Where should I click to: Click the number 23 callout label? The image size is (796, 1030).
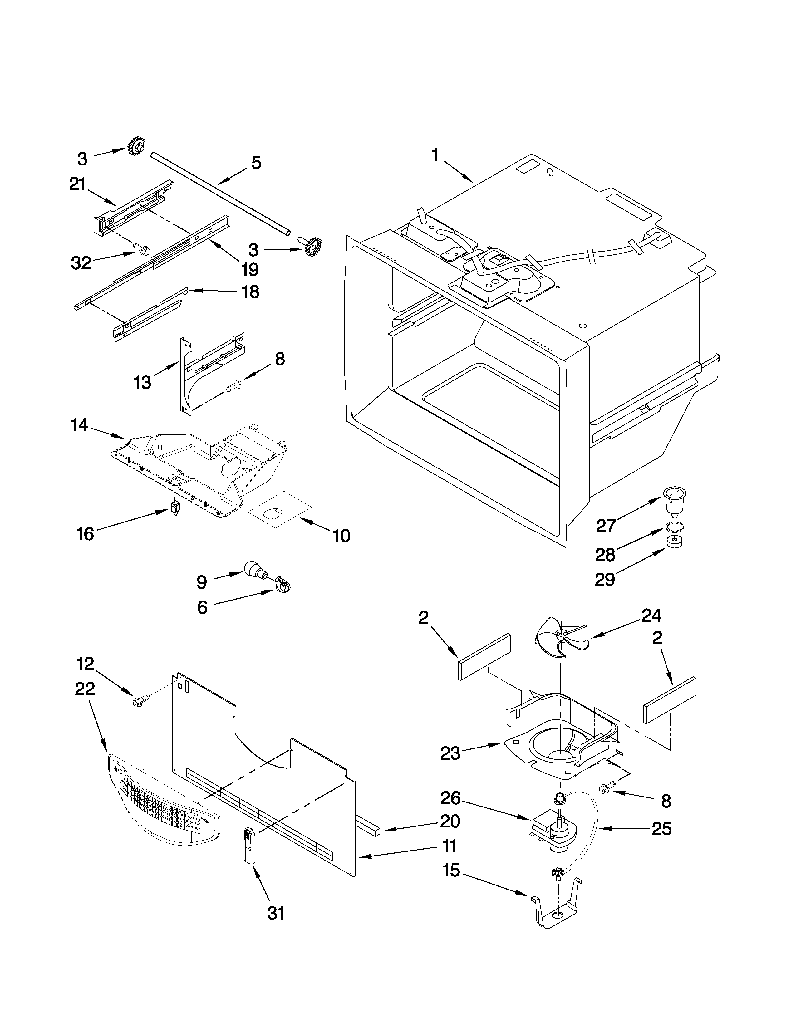click(450, 753)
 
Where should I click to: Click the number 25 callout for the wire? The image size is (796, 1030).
click(661, 829)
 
